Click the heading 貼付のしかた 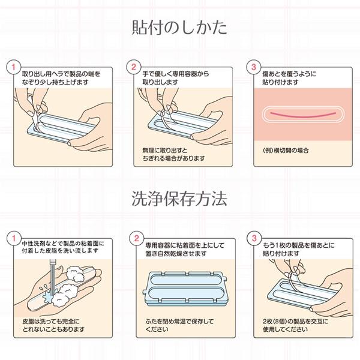tap(180, 28)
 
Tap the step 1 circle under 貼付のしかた tap(10, 65)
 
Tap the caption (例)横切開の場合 tap(287, 149)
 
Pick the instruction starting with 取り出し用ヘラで tap(58, 76)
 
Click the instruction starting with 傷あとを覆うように tap(289, 76)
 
